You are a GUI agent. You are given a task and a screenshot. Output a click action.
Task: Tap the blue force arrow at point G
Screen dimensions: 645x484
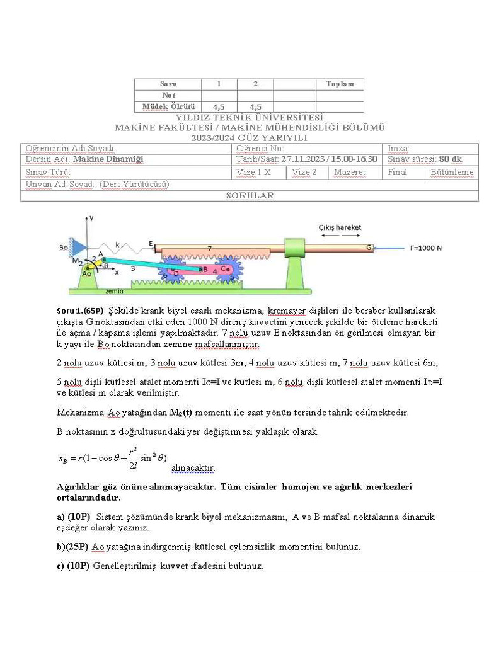pyautogui.click(x=390, y=248)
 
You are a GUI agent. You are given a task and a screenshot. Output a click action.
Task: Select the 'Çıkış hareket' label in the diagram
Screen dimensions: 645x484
pyautogui.click(x=340, y=227)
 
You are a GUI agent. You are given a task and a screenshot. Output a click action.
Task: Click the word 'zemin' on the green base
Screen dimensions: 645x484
pyautogui.click(x=114, y=291)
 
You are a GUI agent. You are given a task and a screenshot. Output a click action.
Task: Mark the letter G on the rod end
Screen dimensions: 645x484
pyautogui.click(x=369, y=248)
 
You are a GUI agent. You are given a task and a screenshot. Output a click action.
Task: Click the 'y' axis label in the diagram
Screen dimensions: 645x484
pyautogui.click(x=91, y=217)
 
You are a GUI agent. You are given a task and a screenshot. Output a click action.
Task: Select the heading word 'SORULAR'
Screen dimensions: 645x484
pyautogui.click(x=250, y=195)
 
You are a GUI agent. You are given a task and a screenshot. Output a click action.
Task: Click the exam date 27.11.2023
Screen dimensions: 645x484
pyautogui.click(x=304, y=159)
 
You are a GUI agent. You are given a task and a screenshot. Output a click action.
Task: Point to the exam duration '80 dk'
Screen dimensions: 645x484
pyautogui.click(x=451, y=159)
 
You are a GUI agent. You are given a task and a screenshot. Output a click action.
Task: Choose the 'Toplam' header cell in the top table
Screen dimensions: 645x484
pyautogui.click(x=340, y=84)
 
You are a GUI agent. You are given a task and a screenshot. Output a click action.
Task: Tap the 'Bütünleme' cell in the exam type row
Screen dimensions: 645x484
pyautogui.click(x=452, y=172)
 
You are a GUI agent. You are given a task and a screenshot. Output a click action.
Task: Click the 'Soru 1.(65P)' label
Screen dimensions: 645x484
pyautogui.click(x=80, y=311)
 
